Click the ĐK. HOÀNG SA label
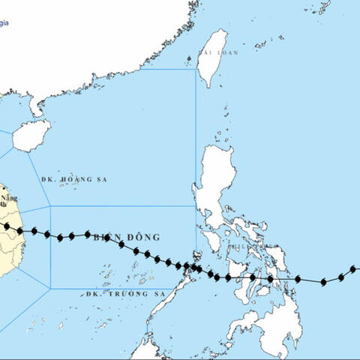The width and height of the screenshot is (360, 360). coord(71,180)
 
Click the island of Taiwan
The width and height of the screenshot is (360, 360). coord(212,58)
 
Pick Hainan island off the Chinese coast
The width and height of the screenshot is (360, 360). coord(31,137)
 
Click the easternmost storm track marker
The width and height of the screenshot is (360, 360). coord(354,269)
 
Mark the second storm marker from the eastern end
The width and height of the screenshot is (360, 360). coord(340,277)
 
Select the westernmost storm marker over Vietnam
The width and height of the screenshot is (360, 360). coord(6,226)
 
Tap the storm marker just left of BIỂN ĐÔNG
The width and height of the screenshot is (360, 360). coord(88,235)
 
